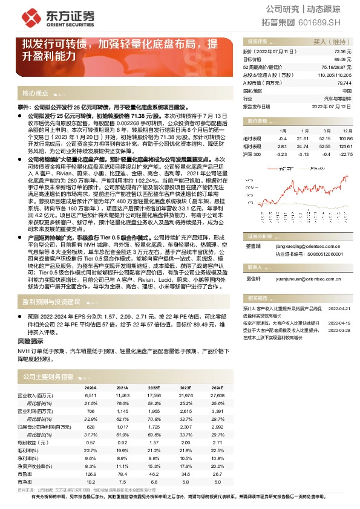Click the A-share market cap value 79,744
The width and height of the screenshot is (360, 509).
pyautogui.click(x=344, y=82)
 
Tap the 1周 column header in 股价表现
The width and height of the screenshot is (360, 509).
pyautogui.click(x=282, y=131)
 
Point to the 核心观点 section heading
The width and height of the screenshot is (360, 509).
pyautogui.click(x=35, y=94)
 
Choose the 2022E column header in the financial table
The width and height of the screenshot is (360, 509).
pyautogui.click(x=154, y=387)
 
